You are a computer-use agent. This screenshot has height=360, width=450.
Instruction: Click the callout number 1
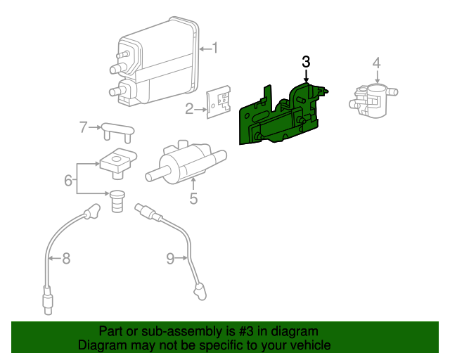(215, 49)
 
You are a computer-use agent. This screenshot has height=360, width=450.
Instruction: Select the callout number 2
(189, 108)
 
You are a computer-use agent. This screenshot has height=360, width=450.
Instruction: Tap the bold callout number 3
(306, 62)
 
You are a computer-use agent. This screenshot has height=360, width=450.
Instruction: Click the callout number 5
(193, 199)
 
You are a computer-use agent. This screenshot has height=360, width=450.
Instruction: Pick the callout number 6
(68, 181)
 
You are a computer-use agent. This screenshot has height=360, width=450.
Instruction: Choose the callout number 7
(83, 127)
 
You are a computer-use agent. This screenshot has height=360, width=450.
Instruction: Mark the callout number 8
(66, 259)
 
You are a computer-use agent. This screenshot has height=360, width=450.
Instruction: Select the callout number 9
(171, 259)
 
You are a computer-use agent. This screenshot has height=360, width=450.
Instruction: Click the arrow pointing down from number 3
(306, 76)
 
